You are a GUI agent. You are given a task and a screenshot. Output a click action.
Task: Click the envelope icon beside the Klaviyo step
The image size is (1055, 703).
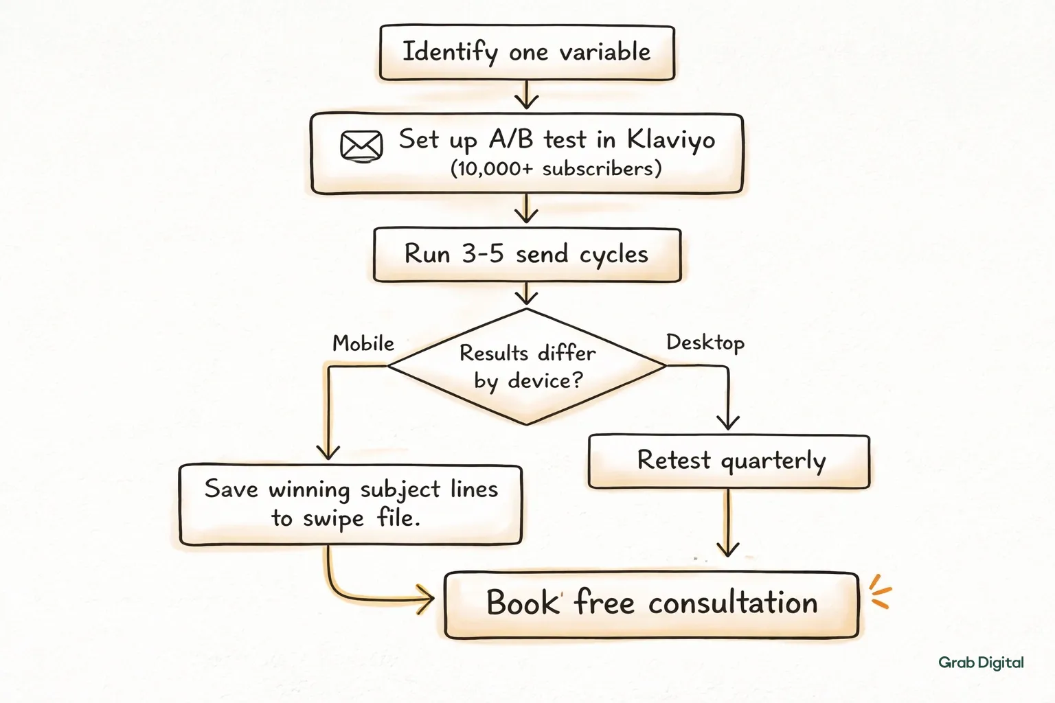(361, 146)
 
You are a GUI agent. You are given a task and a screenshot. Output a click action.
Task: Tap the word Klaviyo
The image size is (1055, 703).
(670, 140)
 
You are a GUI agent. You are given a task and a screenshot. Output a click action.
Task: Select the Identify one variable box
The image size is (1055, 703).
(527, 53)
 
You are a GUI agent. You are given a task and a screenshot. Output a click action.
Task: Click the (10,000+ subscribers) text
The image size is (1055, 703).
(556, 169)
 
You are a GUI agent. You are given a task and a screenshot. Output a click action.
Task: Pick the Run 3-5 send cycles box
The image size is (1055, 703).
(527, 255)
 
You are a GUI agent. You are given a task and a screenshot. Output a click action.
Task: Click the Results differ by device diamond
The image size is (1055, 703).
(527, 367)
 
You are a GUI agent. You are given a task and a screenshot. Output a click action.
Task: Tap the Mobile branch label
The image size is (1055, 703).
(363, 344)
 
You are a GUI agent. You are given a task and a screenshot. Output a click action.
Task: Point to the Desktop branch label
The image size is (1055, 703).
(705, 343)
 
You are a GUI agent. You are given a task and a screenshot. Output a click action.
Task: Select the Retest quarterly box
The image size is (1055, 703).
(729, 461)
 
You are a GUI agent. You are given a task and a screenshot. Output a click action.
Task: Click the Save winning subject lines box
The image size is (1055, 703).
(351, 505)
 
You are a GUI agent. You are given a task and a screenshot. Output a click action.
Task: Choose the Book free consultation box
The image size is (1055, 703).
(651, 605)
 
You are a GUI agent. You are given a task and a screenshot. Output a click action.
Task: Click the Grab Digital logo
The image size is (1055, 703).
(981, 663)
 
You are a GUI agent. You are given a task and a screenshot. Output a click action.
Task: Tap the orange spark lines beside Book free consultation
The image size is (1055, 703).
(880, 592)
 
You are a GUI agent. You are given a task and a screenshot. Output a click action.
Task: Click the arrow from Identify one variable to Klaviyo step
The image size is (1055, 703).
(527, 95)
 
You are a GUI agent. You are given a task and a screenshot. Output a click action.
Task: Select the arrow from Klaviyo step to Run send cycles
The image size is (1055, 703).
(527, 208)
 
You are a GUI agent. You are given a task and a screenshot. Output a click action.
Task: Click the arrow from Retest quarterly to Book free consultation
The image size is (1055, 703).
(727, 522)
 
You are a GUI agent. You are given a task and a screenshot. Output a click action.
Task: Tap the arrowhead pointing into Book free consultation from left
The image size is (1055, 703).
(426, 599)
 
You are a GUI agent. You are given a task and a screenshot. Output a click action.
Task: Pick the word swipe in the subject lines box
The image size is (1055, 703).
(333, 519)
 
